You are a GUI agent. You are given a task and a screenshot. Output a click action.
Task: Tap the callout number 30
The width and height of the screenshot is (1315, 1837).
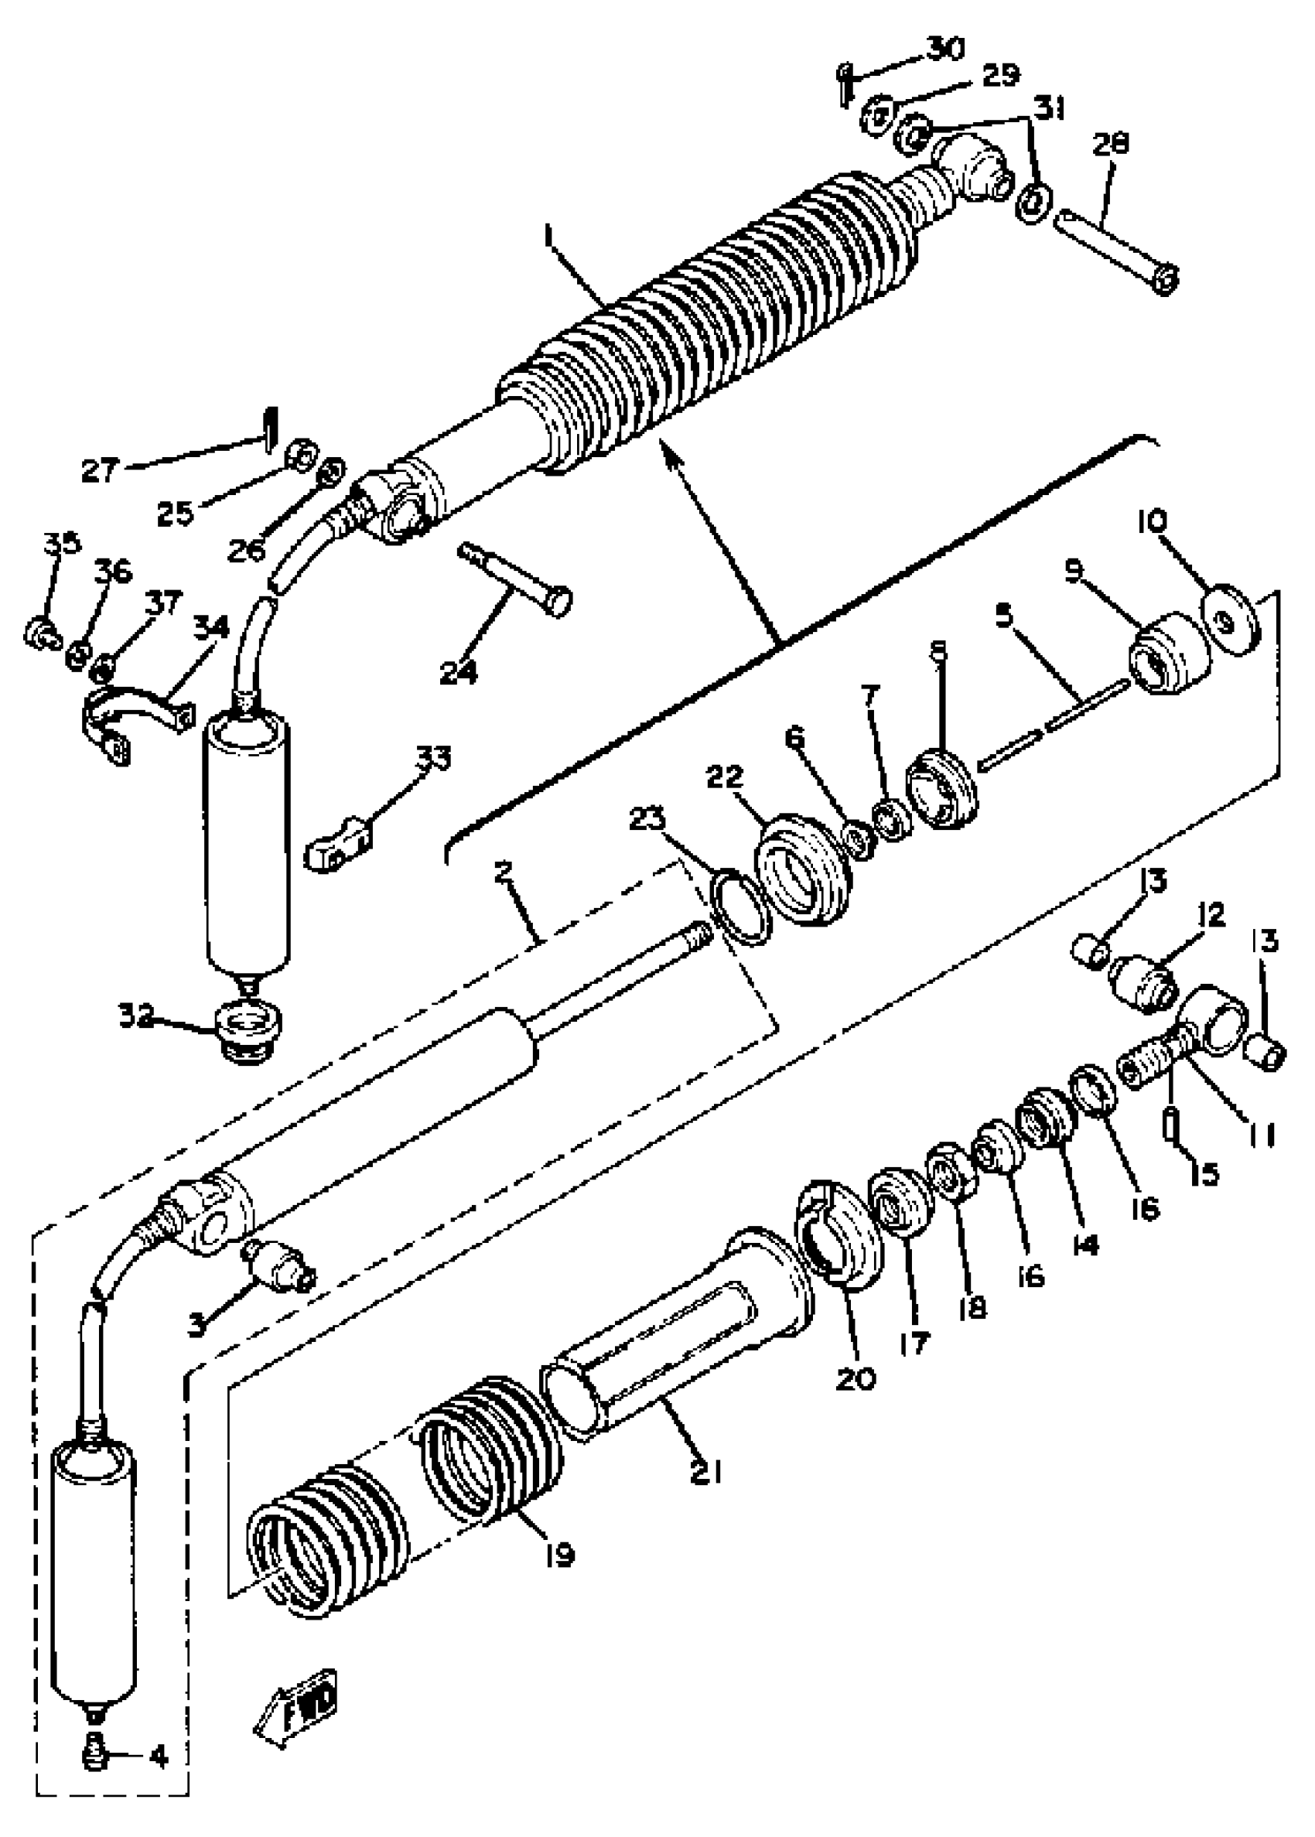[945, 50]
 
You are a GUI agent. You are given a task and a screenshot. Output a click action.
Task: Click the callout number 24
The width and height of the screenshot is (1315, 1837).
[458, 671]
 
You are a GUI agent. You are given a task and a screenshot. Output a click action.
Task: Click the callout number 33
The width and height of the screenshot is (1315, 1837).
[433, 759]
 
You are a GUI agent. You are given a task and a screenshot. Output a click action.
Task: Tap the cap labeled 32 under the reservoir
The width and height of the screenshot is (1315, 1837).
[249, 1029]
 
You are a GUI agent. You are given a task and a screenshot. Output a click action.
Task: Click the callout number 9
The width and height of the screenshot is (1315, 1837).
[1074, 572]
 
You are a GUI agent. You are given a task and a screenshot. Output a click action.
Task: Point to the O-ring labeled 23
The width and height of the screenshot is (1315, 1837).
[739, 907]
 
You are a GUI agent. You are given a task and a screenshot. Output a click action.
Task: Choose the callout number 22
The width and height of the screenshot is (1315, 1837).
[723, 777]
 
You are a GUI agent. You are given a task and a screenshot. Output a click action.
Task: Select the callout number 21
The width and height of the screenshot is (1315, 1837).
[705, 1473]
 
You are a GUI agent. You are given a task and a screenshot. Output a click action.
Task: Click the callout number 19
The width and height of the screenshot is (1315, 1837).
[558, 1554]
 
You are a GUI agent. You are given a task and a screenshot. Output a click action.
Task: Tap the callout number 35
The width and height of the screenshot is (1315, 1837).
[63, 542]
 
